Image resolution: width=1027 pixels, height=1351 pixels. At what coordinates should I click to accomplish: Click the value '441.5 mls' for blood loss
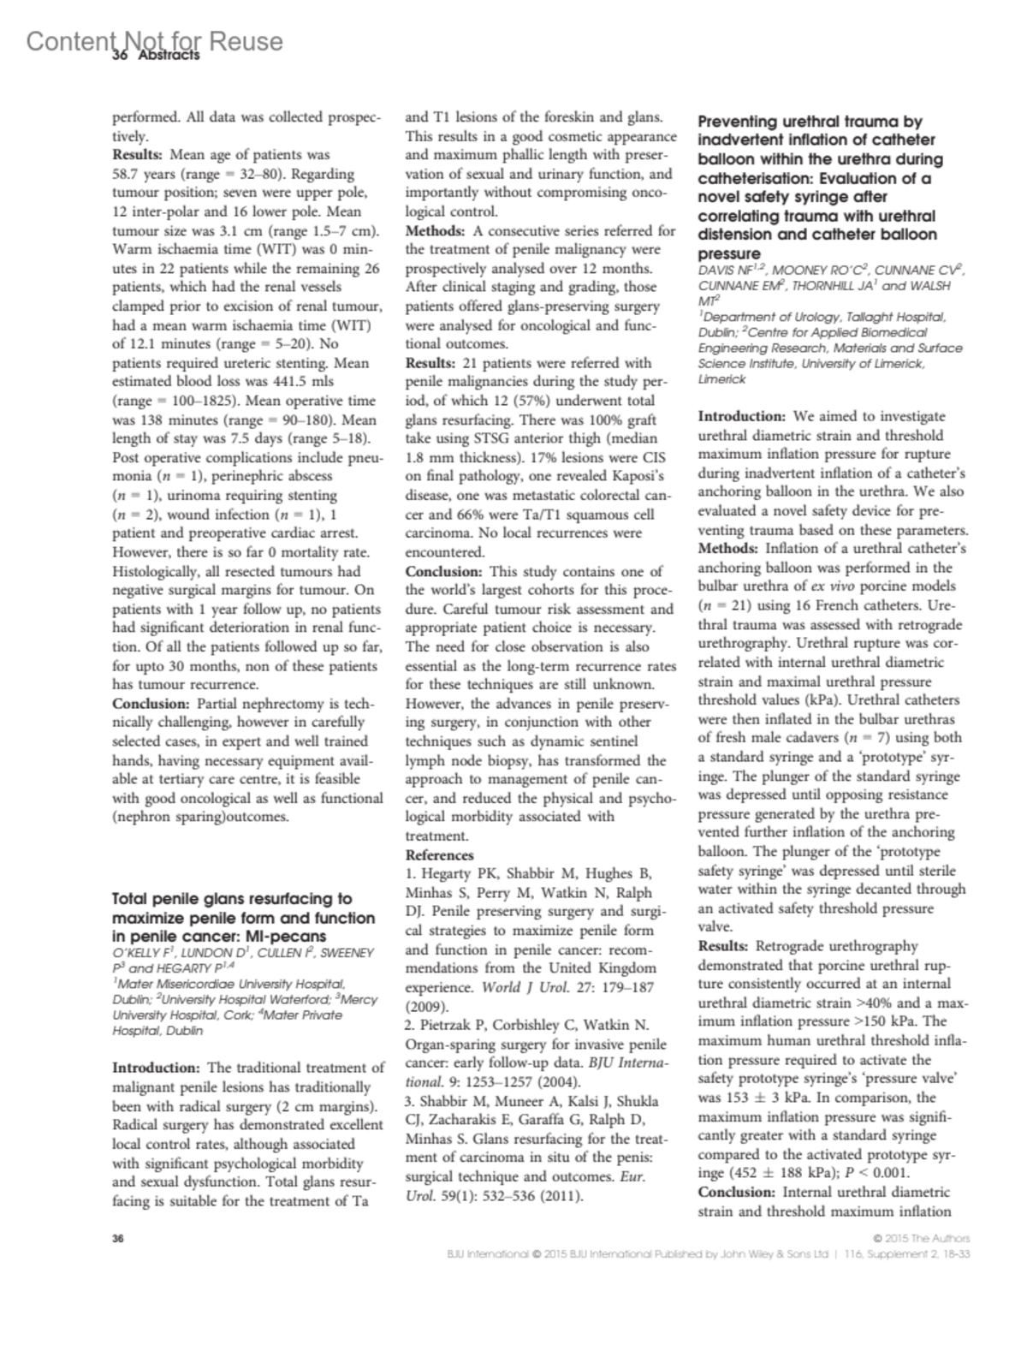pyautogui.click(x=304, y=382)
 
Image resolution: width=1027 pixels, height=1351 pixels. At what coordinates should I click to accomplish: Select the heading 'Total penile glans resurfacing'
pyautogui.click(x=232, y=899)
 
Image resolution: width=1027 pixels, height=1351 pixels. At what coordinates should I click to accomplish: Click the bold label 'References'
pyautogui.click(x=439, y=854)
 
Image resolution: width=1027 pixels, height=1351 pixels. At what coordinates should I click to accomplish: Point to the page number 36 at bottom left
pyautogui.click(x=119, y=1239)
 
